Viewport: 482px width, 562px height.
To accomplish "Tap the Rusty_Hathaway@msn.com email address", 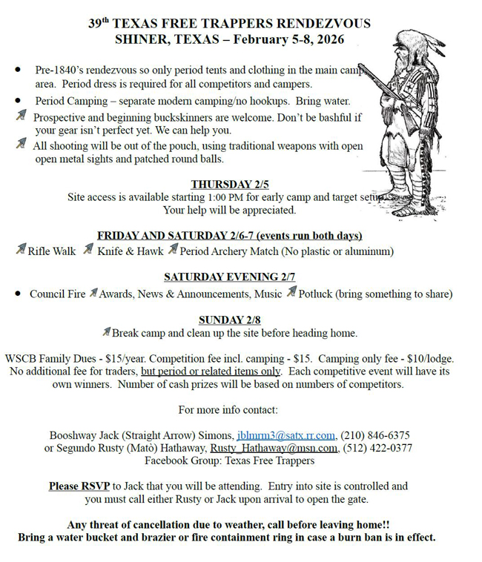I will (274, 448).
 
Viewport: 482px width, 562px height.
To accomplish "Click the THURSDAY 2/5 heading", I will (229, 185).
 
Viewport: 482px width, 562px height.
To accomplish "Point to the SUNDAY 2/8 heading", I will (229, 320).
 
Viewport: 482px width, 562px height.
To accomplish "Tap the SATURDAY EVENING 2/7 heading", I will (229, 277).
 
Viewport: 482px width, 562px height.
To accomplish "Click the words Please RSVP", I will (79, 486).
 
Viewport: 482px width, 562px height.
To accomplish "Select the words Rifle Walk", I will (52, 251).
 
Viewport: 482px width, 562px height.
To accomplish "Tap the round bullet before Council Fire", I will (18, 294).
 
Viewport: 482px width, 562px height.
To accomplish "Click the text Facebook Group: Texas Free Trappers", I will (229, 460).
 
